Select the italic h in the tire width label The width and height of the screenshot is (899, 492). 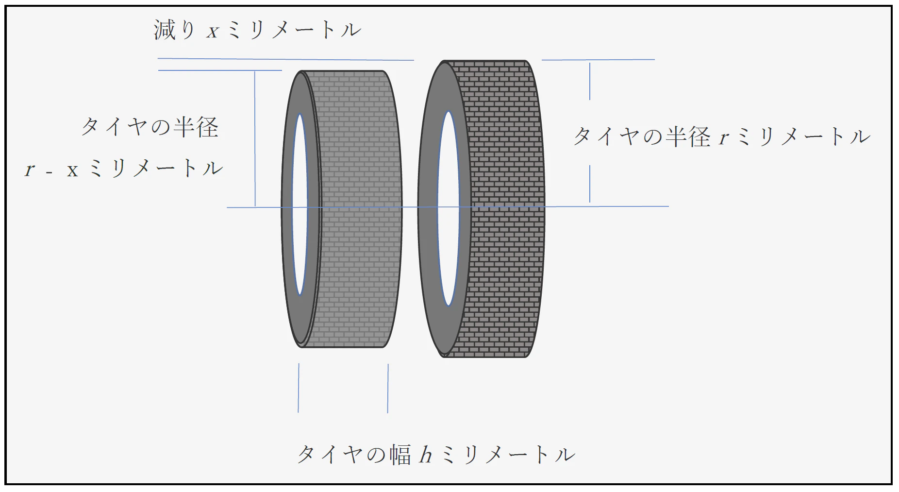[426, 455]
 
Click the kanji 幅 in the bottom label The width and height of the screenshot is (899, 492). [400, 455]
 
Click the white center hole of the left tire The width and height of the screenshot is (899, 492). [300, 204]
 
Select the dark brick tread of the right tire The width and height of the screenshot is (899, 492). [505, 209]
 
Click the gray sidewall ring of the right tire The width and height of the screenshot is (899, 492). [428, 209]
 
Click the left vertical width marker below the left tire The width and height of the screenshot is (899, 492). [299, 388]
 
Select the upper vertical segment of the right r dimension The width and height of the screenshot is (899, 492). [590, 81]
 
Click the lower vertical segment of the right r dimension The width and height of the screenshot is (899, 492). [590, 184]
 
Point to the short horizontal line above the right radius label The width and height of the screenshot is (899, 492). [598, 60]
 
